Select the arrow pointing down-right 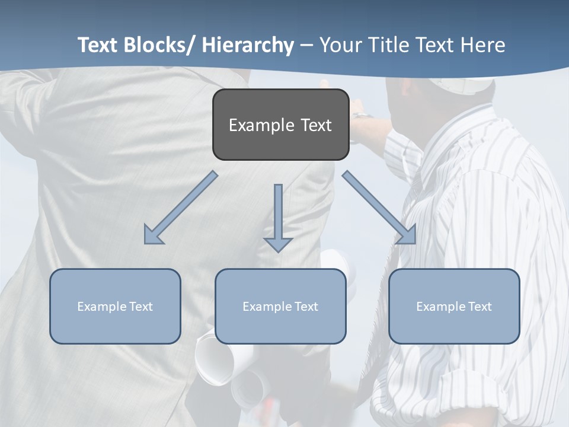pyautogui.click(x=379, y=208)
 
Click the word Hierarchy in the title pyautogui.click(x=247, y=45)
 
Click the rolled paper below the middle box pyautogui.click(x=216, y=362)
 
